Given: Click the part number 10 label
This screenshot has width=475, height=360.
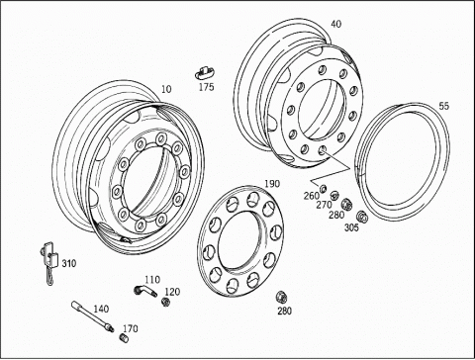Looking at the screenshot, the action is pos(166,89).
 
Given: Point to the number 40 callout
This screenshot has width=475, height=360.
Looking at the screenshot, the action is pos(336,24).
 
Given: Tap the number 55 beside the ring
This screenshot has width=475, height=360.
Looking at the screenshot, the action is pos(443,106).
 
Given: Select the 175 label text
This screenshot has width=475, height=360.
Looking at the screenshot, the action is pos(206,87).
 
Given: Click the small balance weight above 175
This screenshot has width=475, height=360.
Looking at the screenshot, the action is pos(203,72).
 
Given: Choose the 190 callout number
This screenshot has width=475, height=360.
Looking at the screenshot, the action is pos(272,184).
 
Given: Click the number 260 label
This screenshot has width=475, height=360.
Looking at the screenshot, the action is pos(312,196).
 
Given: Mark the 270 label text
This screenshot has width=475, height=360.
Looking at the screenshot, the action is pos(324,205).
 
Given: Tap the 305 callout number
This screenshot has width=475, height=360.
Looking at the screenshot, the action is pos(351,227).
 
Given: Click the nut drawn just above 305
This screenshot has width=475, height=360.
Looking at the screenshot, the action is pos(362,217).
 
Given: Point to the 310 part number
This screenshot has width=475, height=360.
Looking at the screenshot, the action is pos(69,264).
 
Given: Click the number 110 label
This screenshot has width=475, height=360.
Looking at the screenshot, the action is pos(152,280).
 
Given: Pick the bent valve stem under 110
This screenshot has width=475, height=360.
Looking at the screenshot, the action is pos(145,291).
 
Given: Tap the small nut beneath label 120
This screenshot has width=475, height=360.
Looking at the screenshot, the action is pos(165,301).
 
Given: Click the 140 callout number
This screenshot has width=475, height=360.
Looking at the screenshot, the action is pos(101,309).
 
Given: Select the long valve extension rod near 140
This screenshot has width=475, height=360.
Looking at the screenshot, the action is pos(92,315).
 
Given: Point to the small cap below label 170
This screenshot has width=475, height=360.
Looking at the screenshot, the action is pos(124,338).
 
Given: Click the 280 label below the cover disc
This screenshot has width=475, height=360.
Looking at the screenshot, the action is pos(284,311).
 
